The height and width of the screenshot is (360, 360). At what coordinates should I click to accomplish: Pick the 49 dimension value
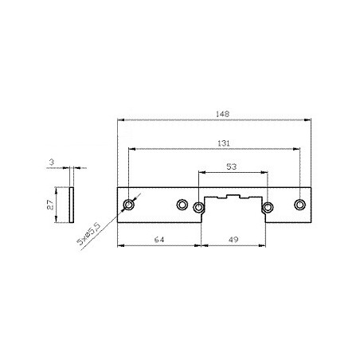233,240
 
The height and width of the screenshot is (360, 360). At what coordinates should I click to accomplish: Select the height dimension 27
49,205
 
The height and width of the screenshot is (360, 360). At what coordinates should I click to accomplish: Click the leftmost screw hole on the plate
129,205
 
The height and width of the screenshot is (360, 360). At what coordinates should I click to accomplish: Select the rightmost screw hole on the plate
299,205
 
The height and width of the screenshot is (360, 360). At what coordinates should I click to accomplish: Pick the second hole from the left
182,205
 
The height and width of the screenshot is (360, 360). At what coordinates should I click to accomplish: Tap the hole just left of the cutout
198,208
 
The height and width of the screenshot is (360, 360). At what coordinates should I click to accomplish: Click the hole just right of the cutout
267,208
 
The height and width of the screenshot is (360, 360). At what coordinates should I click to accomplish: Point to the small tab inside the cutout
234,196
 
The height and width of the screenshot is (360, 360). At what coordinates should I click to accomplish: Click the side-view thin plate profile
72,205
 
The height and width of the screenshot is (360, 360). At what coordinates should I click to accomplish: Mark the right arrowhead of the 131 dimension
298,149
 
